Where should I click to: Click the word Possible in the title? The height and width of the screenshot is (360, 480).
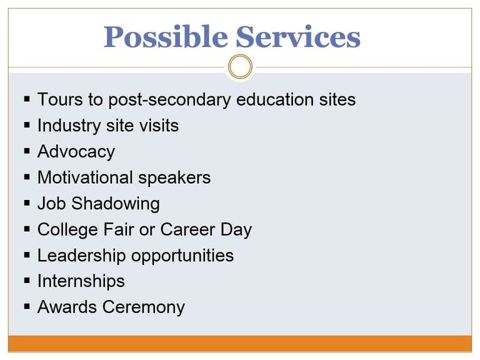pyautogui.click(x=166, y=37)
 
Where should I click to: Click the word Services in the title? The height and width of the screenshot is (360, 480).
pyautogui.click(x=298, y=37)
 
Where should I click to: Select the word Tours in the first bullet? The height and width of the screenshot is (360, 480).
pyautogui.click(x=60, y=99)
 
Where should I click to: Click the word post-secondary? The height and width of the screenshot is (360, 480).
pyautogui.click(x=169, y=101)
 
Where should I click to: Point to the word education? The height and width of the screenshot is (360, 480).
pyautogui.click(x=275, y=99)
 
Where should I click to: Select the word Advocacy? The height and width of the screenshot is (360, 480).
pyautogui.click(x=76, y=152)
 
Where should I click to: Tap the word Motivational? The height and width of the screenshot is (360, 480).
pyautogui.click(x=86, y=177)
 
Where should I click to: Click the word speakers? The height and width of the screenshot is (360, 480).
pyautogui.click(x=174, y=178)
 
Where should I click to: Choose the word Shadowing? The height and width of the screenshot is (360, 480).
pyautogui.click(x=116, y=204)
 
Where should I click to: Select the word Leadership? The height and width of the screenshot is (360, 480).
pyautogui.click(x=82, y=256)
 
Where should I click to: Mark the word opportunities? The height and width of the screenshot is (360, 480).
pyautogui.click(x=182, y=256)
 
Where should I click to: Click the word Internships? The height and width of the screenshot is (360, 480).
pyautogui.click(x=81, y=282)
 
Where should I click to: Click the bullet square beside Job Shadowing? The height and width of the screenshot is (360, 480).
pyautogui.click(x=27, y=203)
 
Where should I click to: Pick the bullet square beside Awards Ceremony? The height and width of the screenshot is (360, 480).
pyautogui.click(x=27, y=306)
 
